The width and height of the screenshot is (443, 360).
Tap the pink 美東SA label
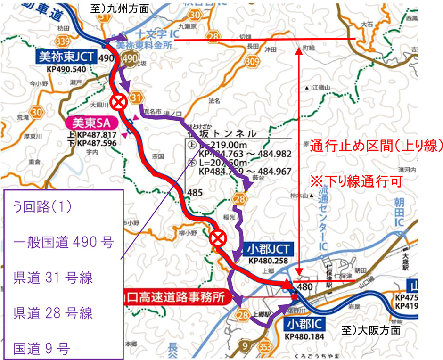pos(90,123)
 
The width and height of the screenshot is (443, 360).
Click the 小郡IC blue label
pos(302,325)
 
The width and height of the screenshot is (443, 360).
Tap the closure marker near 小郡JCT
pos(218,238)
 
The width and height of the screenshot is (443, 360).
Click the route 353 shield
pos(265,344)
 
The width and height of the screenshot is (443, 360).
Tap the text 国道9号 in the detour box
pos(42,349)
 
